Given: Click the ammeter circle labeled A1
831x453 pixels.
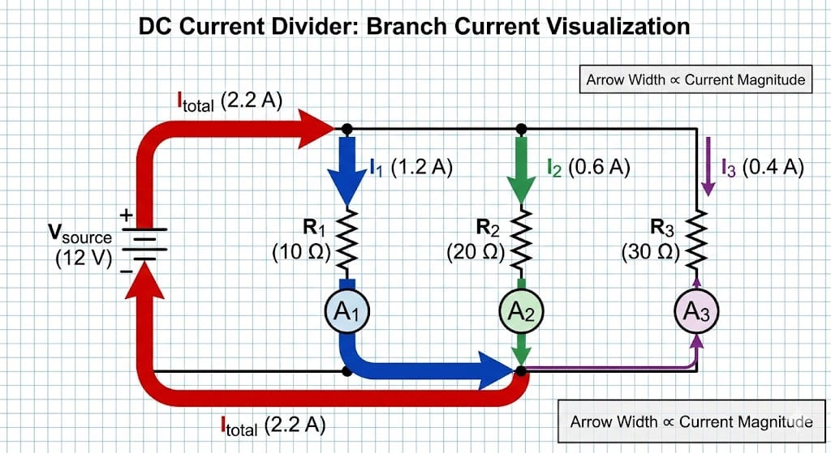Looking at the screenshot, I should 347,312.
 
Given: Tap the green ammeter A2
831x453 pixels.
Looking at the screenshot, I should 522,312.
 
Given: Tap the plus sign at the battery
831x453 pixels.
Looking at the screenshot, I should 126,216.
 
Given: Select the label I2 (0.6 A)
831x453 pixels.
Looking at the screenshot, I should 588,168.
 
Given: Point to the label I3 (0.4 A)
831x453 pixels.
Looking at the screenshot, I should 762,168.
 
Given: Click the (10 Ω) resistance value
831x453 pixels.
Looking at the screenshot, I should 301,252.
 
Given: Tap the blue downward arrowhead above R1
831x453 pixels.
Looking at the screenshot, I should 347,188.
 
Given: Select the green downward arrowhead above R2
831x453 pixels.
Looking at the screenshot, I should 522,188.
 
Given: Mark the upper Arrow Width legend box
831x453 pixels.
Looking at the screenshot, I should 695,79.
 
